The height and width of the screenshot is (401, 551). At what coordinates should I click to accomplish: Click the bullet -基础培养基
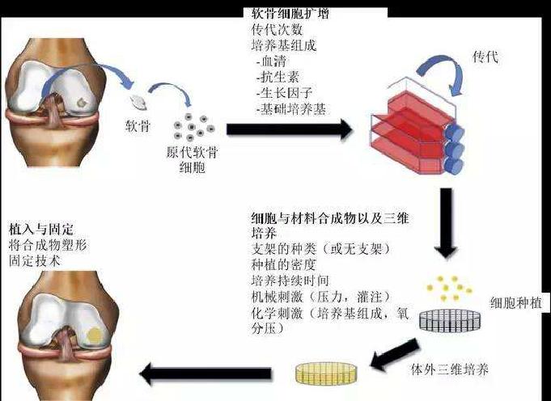(290, 108)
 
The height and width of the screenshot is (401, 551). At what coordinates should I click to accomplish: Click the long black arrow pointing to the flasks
(288, 129)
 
